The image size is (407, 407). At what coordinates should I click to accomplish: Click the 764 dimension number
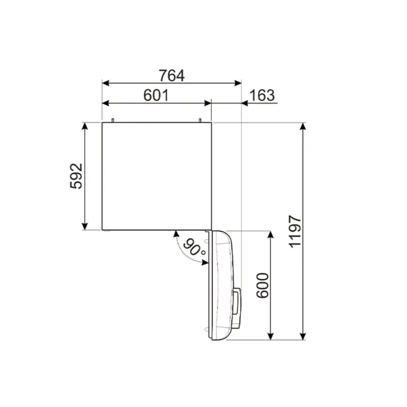point(172,75)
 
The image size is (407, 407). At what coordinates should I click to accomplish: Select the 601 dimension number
point(156,95)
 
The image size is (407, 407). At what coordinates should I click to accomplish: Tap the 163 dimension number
point(262,95)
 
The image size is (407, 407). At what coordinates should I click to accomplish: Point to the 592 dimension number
point(76,176)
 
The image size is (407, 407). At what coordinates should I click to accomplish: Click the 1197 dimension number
point(295,231)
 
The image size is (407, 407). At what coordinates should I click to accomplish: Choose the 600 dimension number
point(263,285)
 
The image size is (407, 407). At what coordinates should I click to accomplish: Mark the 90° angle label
point(194,248)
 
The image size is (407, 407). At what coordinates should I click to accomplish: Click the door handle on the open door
point(237,302)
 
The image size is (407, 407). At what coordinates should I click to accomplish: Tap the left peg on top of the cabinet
point(113,120)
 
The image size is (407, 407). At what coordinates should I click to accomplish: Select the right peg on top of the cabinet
point(200,120)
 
